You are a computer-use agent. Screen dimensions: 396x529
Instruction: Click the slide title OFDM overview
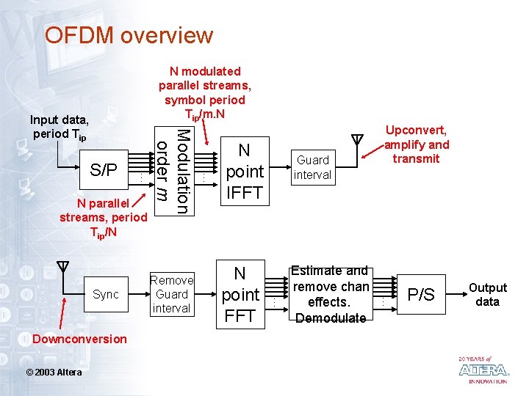129,35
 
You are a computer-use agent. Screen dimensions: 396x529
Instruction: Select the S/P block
104,170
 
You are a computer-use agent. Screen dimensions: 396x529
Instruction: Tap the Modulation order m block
173,171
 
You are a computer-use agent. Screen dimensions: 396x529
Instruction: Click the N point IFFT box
245,172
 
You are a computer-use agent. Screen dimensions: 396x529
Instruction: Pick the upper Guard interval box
312,167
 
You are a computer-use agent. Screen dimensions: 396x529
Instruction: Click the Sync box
106,294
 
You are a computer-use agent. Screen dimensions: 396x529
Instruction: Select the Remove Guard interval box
171,294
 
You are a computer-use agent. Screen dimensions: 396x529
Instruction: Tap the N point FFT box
240,295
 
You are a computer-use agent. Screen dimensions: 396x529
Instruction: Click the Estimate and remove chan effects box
331,294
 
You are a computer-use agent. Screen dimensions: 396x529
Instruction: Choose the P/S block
421,295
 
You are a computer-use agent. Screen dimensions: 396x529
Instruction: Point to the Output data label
488,295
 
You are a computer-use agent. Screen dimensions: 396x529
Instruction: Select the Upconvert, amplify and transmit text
416,144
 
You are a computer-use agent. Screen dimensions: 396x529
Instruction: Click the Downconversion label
79,339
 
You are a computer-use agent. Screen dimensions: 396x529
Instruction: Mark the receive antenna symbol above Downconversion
63,267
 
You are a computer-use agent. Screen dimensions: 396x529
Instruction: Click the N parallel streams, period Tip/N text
103,218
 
